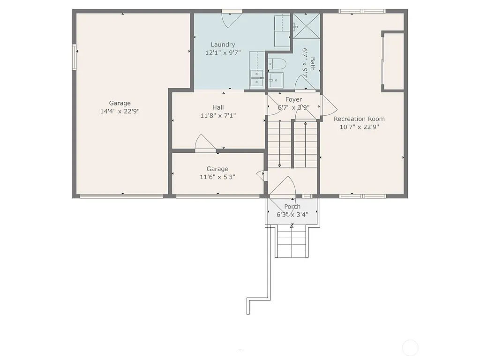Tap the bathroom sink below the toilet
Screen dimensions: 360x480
click(277, 80)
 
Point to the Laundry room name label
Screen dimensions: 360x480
click(223, 45)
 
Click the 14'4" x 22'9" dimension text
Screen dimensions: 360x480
click(120, 111)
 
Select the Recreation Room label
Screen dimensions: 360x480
click(359, 119)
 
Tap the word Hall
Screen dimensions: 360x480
click(218, 107)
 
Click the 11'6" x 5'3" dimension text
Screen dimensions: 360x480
click(217, 177)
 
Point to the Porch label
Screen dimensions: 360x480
click(292, 207)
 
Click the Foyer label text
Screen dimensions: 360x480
click(293, 99)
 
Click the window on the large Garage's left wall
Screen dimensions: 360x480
click(74, 57)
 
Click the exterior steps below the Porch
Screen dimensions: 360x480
click(292, 241)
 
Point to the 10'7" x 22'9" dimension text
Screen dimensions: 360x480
click(359, 127)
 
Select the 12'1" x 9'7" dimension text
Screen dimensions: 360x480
click(223, 53)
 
